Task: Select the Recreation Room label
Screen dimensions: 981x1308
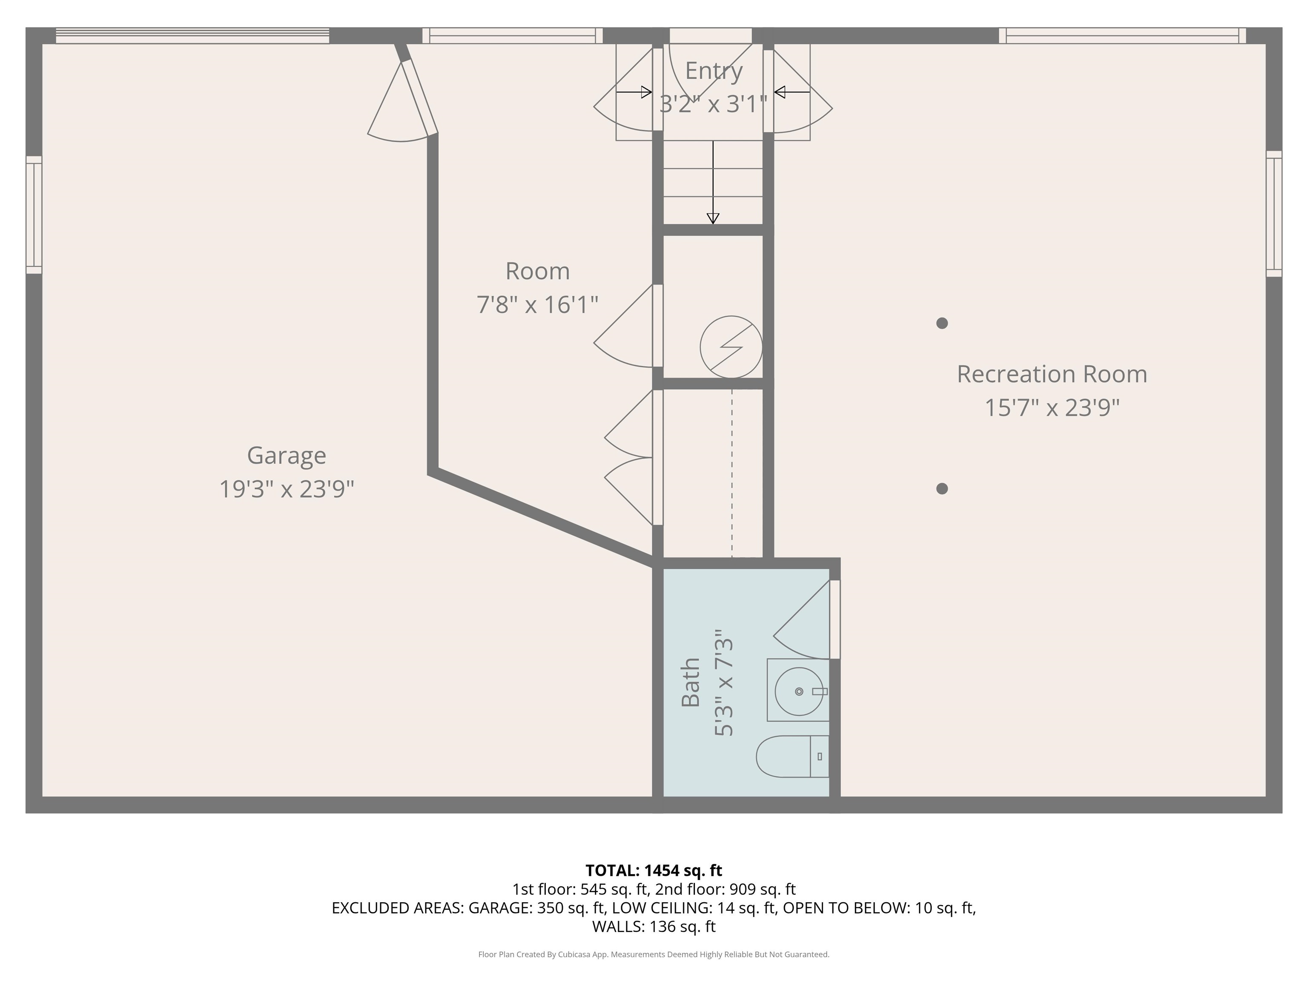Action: click(1051, 374)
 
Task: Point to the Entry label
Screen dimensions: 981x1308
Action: click(713, 71)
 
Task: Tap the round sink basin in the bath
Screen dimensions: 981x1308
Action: click(798, 691)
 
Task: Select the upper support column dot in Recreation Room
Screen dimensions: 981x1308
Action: click(942, 323)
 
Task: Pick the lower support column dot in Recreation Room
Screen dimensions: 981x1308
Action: click(942, 488)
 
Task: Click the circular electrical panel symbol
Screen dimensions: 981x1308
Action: click(731, 347)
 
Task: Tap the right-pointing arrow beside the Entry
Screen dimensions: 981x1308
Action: click(634, 92)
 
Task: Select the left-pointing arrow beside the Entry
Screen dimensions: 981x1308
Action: click(792, 92)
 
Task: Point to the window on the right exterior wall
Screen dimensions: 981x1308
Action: click(1274, 214)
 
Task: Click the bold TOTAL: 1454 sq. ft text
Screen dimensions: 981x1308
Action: click(654, 870)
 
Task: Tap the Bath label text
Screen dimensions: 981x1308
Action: click(691, 683)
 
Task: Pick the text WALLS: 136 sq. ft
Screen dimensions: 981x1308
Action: click(654, 926)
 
